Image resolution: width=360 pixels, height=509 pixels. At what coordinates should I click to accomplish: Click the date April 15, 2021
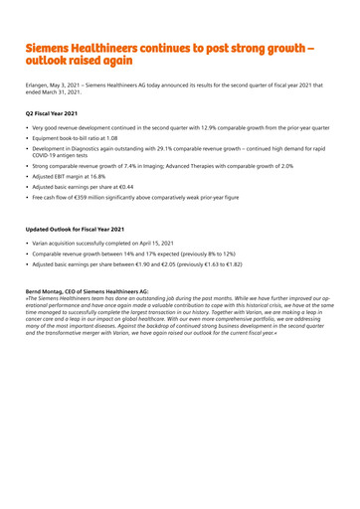point(156,243)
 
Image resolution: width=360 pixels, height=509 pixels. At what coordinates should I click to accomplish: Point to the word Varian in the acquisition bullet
point(44,243)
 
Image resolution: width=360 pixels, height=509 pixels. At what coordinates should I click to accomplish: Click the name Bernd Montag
point(46,291)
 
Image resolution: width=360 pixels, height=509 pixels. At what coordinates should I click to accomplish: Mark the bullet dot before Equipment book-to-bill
point(28,139)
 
